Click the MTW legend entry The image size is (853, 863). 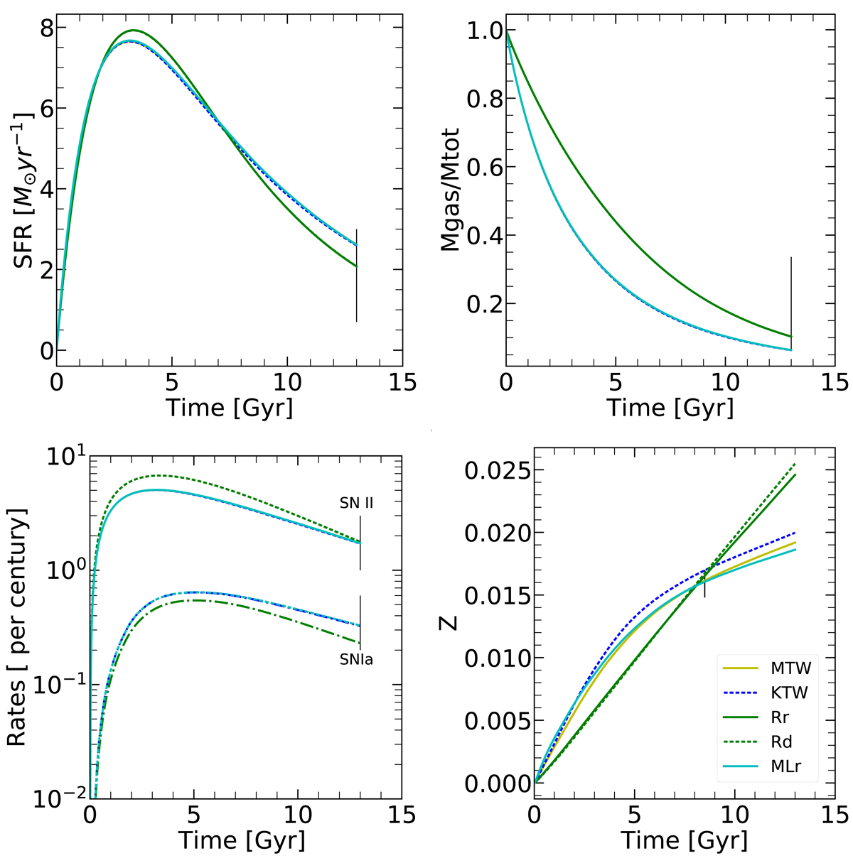(x=789, y=668)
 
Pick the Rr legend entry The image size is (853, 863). (x=781, y=719)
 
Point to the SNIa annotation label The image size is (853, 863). (x=356, y=660)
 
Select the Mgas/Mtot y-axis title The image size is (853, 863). (x=451, y=190)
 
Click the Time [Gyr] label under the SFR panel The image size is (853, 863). (x=229, y=408)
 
